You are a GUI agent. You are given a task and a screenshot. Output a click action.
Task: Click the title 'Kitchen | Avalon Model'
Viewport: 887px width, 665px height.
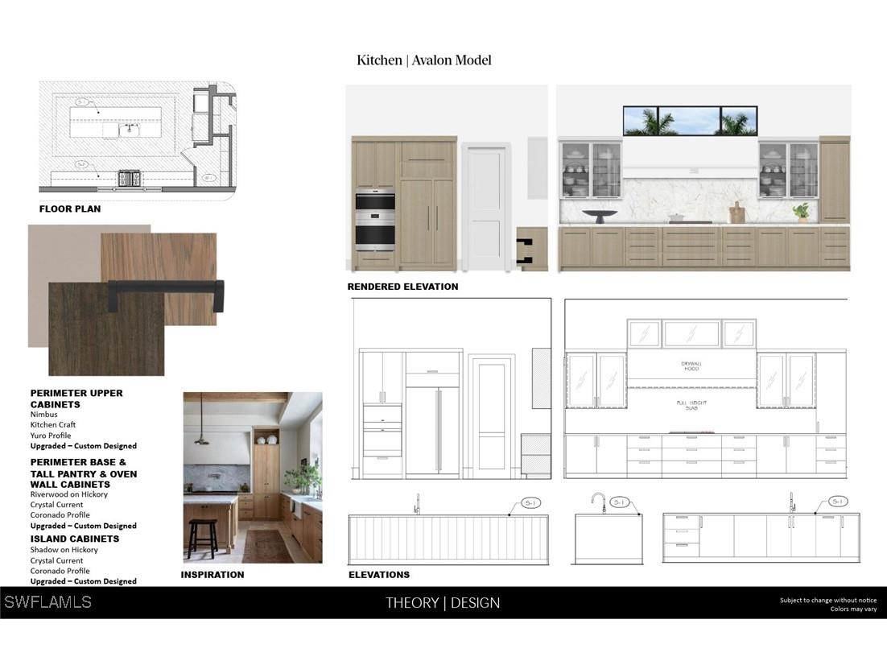(423, 60)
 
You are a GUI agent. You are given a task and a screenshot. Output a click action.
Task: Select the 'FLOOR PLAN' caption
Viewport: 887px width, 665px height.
(70, 209)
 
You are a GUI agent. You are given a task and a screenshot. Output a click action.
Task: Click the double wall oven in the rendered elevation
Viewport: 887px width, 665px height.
(375, 221)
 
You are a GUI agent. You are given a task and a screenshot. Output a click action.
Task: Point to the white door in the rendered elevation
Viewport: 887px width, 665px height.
(485, 206)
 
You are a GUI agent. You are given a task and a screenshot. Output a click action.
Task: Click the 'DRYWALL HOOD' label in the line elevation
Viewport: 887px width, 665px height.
(691, 366)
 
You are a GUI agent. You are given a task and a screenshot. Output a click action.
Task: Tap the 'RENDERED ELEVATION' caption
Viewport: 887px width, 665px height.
(402, 287)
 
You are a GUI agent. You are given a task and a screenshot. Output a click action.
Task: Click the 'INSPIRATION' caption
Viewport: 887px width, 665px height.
(212, 575)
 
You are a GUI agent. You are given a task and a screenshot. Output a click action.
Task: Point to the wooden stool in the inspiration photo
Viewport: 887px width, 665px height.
(203, 538)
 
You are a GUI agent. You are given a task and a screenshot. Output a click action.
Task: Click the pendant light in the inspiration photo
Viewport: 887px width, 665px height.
(201, 437)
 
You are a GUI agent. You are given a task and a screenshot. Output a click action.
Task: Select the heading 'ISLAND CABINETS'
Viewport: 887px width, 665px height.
(75, 539)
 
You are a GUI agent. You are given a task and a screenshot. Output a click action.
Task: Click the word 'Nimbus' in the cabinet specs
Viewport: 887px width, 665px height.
(44, 415)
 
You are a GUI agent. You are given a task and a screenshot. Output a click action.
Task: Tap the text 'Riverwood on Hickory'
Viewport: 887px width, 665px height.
(69, 494)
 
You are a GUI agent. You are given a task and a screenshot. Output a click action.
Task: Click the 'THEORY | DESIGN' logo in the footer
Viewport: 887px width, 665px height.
(443, 603)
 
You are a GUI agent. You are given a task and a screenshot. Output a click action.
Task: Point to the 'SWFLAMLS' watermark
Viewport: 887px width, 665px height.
(47, 602)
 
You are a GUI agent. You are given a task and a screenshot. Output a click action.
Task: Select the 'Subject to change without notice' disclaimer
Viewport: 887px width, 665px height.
(827, 600)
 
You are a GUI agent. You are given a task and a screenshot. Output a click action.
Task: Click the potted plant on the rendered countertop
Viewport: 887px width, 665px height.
(801, 212)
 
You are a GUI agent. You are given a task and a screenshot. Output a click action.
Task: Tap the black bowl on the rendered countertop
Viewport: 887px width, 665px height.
(600, 216)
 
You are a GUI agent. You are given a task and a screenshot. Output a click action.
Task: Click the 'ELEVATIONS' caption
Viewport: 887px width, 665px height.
(378, 575)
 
